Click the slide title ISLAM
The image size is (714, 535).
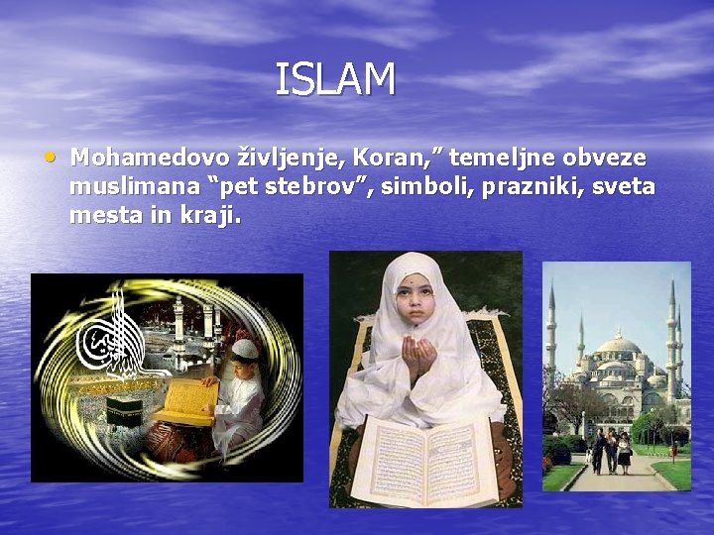point(335,80)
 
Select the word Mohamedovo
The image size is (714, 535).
point(148,158)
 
